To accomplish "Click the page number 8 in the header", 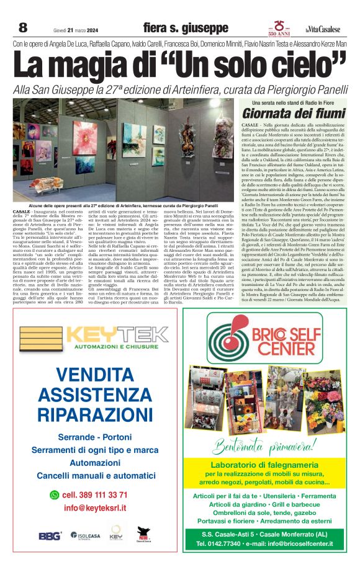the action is coord(23,27).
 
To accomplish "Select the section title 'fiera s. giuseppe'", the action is coord(186,28).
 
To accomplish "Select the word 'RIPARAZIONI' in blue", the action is coord(97,414).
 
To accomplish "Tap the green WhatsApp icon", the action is coord(54,494).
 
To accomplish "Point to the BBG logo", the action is coord(50,535).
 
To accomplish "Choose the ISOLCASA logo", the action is coord(85,535).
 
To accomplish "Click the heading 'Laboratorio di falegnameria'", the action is coord(269,465).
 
